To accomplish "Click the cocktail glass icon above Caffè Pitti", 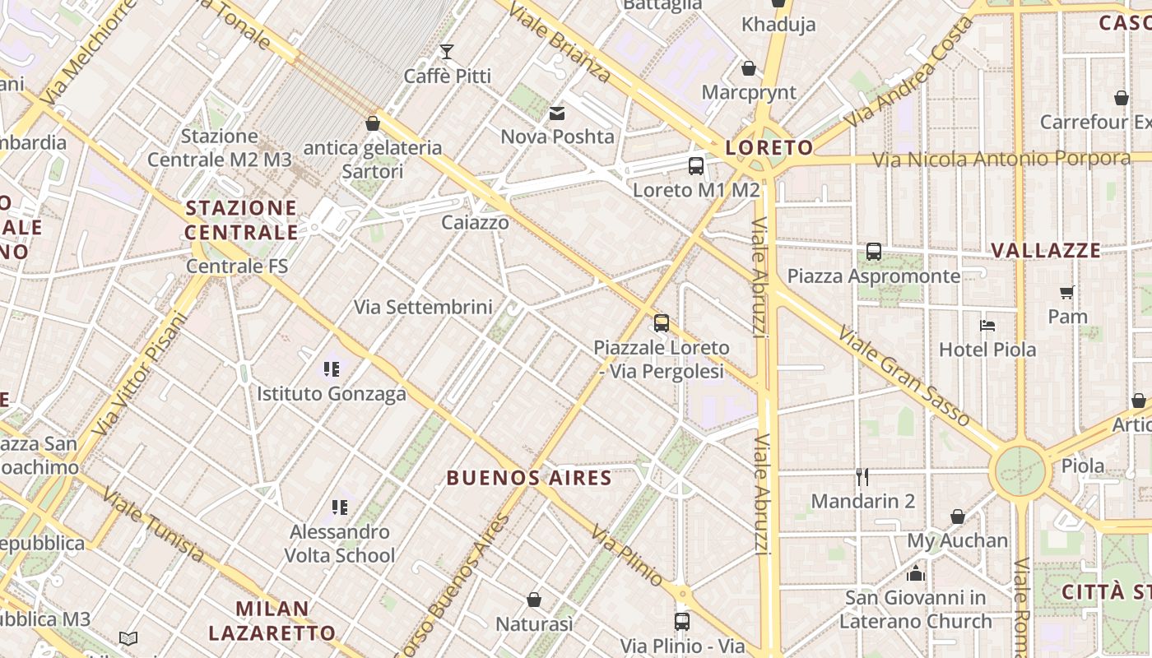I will [447, 52].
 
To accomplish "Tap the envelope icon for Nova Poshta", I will [557, 114].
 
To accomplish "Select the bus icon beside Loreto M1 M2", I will [696, 166].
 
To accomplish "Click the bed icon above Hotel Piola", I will [987, 326].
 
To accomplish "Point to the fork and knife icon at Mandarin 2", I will [862, 477].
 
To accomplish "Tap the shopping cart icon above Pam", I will [1067, 292].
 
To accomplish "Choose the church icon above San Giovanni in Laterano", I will [916, 573].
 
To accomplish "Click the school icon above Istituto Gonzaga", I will [332, 369].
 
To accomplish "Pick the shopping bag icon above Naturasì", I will [534, 600].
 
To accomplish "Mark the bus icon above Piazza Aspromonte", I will [874, 252].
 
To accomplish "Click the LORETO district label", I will [769, 148].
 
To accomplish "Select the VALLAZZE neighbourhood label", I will [1045, 251].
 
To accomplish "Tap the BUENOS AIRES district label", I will [529, 478].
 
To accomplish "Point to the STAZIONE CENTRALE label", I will [241, 220].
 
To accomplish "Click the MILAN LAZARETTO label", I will [272, 621].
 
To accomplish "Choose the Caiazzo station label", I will [475, 222].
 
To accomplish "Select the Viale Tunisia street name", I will [154, 525].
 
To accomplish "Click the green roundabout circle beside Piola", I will [1020, 472].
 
